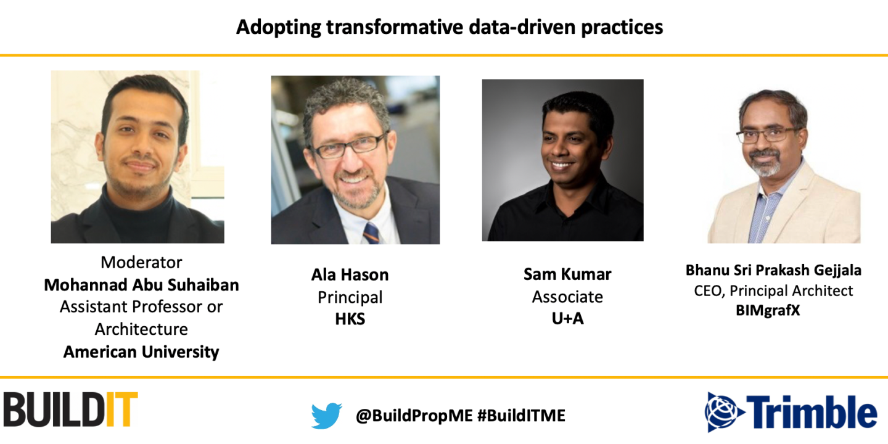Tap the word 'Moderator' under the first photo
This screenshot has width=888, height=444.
click(x=141, y=262)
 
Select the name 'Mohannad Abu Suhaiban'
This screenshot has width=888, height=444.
click(x=141, y=285)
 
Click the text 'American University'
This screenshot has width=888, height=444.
click(x=141, y=352)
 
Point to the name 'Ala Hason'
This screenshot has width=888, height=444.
click(x=350, y=274)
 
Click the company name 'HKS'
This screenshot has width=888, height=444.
click(x=350, y=319)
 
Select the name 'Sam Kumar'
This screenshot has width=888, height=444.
click(x=567, y=274)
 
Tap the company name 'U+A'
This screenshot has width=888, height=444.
click(x=567, y=319)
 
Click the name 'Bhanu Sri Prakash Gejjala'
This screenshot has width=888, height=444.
click(x=773, y=270)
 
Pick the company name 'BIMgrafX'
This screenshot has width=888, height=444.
click(x=768, y=311)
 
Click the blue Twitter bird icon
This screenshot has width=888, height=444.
click(x=326, y=416)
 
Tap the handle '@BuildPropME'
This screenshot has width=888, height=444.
click(x=414, y=416)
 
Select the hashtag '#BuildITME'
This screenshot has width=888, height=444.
click(x=521, y=416)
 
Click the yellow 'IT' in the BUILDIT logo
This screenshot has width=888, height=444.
click(x=121, y=409)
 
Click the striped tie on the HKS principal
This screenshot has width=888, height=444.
click(x=371, y=232)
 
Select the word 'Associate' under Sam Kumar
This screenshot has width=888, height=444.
click(x=567, y=297)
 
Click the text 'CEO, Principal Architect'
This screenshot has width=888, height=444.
click(x=773, y=290)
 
